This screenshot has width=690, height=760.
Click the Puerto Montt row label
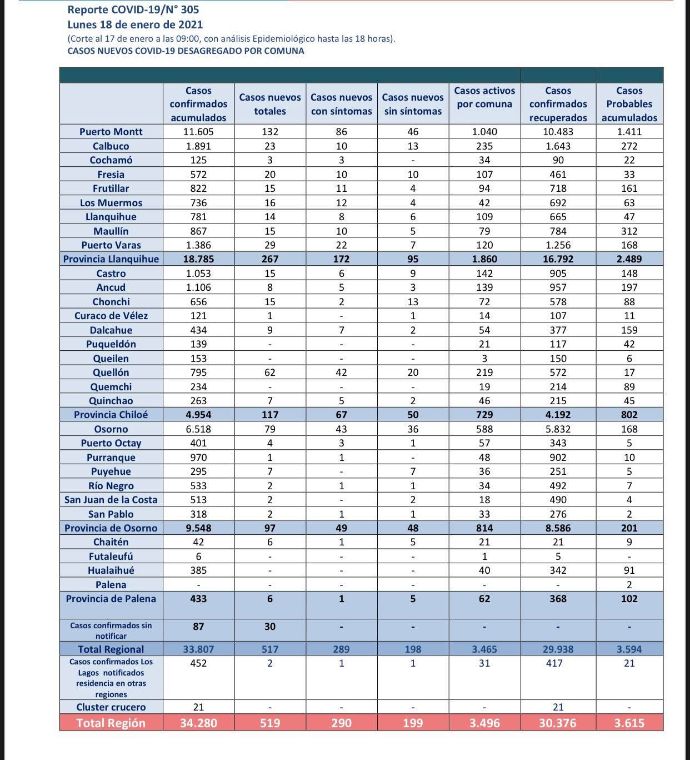pyautogui.click(x=111, y=132)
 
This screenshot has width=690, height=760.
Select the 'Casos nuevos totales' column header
pyautogui.click(x=270, y=104)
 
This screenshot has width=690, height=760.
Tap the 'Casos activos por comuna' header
pyautogui.click(x=484, y=97)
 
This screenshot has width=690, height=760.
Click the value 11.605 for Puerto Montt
pyautogui.click(x=198, y=132)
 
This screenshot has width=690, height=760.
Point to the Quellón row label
pyautogui.click(x=111, y=372)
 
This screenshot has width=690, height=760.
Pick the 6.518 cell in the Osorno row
pyautogui.click(x=198, y=429)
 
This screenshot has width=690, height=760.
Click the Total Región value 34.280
pyautogui.click(x=198, y=723)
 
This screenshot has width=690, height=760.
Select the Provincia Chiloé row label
pyautogui.click(x=111, y=415)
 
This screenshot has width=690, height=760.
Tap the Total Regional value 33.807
pyautogui.click(x=198, y=649)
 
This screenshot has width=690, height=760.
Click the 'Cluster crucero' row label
pyautogui.click(x=111, y=707)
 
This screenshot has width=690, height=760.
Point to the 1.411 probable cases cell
pyautogui.click(x=629, y=132)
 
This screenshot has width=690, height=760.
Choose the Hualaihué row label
pyautogui.click(x=111, y=570)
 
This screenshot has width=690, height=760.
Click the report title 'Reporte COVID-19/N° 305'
pyautogui.click(x=133, y=9)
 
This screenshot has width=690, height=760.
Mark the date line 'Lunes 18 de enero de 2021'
pyautogui.click(x=135, y=24)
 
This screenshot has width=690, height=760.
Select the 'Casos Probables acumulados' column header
pyautogui.click(x=629, y=104)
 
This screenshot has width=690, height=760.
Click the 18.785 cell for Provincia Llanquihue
pyautogui.click(x=198, y=259)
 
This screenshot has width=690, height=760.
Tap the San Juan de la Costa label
pyautogui.click(x=111, y=500)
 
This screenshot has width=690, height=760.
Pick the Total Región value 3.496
pyautogui.click(x=484, y=723)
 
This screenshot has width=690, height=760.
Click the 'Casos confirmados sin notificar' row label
pyautogui.click(x=111, y=630)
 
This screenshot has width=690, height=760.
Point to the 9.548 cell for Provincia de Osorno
pyautogui.click(x=198, y=528)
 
